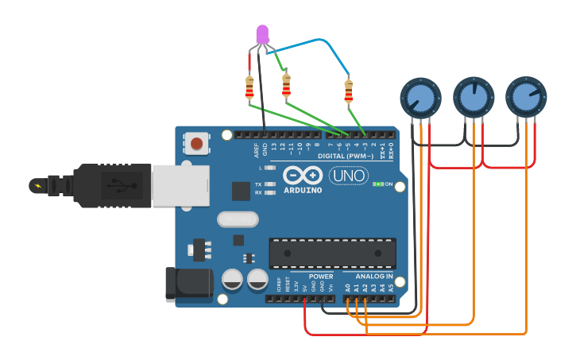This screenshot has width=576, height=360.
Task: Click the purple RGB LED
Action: click(263, 34)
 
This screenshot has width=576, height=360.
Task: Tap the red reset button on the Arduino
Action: click(196, 143)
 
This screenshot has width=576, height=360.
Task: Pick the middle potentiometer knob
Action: click(474, 97)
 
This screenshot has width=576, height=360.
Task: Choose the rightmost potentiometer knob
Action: click(526, 97)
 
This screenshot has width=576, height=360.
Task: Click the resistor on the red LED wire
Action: click(249, 88)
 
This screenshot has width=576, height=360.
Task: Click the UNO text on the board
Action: click(349, 176)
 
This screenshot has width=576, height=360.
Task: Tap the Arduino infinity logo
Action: click(303, 176)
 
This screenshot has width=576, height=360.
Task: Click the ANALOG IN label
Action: click(373, 277)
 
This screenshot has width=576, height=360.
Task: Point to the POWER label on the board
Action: click(321, 277)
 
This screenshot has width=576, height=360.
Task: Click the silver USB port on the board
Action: click(180, 186)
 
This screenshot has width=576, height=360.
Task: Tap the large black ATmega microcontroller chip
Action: click(332, 253)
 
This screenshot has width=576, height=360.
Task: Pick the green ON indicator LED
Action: click(379, 184)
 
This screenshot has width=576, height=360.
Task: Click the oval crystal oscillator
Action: click(238, 219)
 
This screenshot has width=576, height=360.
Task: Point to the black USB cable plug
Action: click(111, 186)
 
